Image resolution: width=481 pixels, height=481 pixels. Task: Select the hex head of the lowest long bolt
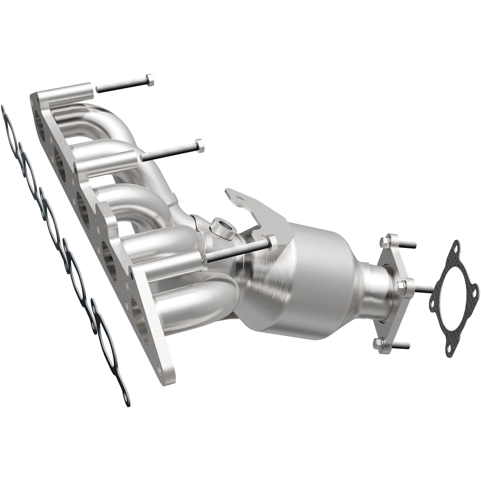(x=272, y=241)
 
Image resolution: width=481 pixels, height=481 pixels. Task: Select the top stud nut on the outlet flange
(x=386, y=240)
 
